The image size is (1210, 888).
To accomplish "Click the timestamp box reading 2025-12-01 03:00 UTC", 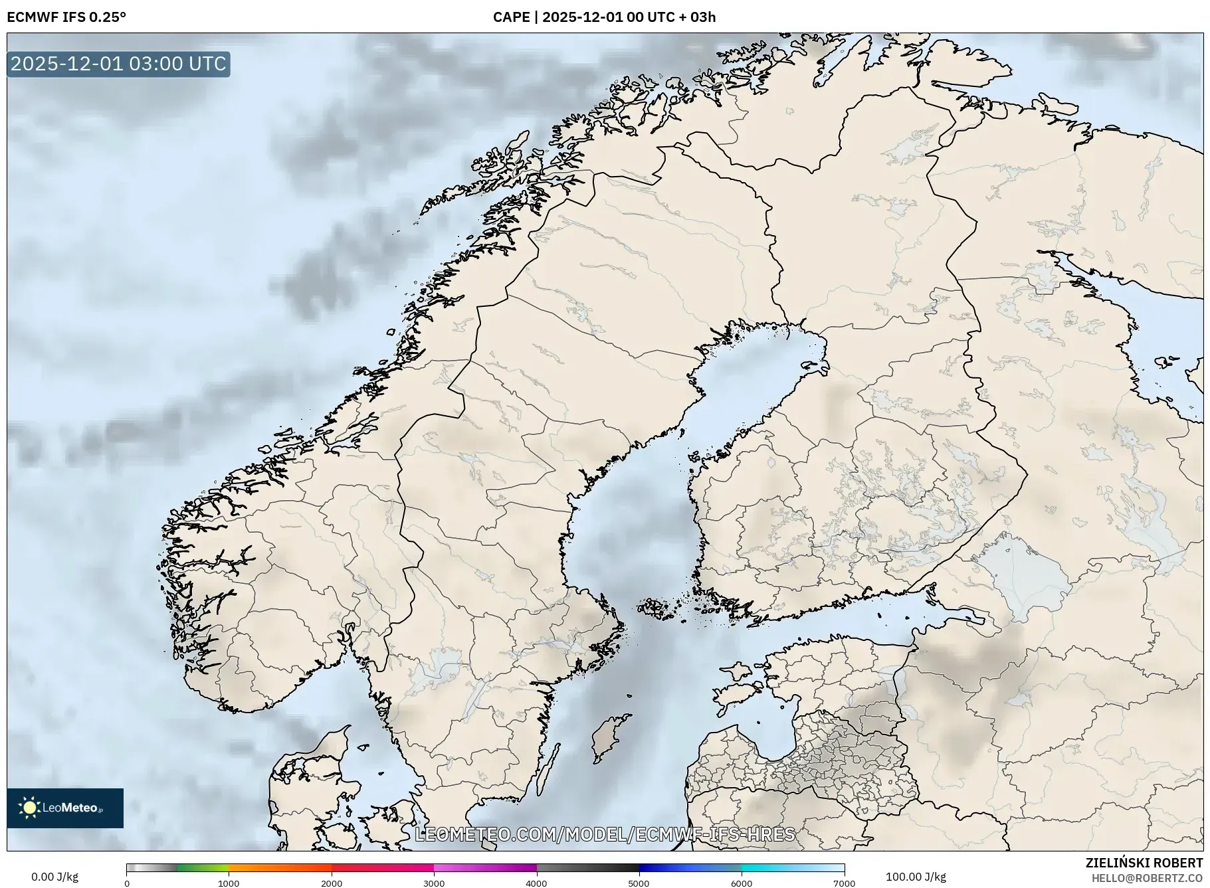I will pos(118,64).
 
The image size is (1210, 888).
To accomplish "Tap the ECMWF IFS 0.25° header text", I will pos(66,17).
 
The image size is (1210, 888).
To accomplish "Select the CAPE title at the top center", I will pos(604,17).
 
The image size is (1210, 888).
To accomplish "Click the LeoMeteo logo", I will pos(65,808).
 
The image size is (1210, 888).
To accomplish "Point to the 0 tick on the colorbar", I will pos(127,883).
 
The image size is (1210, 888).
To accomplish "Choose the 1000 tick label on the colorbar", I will pos(229,883).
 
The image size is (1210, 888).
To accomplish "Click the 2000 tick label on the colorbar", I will pos(332,883).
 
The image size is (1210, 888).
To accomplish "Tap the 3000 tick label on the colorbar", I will pos(434,883).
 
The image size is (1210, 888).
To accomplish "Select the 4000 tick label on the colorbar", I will pos(536,883).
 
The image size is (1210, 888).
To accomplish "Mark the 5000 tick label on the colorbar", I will pos(639,883).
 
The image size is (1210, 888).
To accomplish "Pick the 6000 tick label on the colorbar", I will pos(742,883).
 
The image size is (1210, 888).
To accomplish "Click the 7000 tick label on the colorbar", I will pos(844,883).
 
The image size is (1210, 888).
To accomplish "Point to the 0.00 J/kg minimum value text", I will pos(54,877).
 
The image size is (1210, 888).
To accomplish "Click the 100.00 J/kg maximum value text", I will pos(916,877).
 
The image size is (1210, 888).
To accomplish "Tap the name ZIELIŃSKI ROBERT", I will pos(1144,863).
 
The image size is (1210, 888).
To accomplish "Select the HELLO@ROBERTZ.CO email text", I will pos(1147,878).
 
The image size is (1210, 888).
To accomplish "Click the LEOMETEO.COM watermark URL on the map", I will pos(605,834).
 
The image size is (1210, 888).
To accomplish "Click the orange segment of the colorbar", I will pos(279,867).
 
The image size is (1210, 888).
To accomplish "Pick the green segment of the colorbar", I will pos(203,867).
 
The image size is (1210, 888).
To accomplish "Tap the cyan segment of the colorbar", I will pos(791,867).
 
